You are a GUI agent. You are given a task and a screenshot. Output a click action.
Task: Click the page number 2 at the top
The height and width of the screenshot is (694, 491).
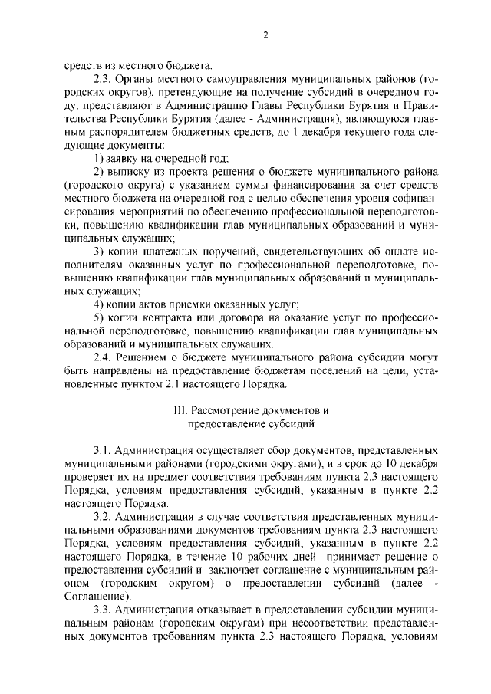tap(263, 35)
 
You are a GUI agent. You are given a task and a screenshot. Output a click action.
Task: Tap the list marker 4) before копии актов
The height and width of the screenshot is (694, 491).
tap(97, 305)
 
